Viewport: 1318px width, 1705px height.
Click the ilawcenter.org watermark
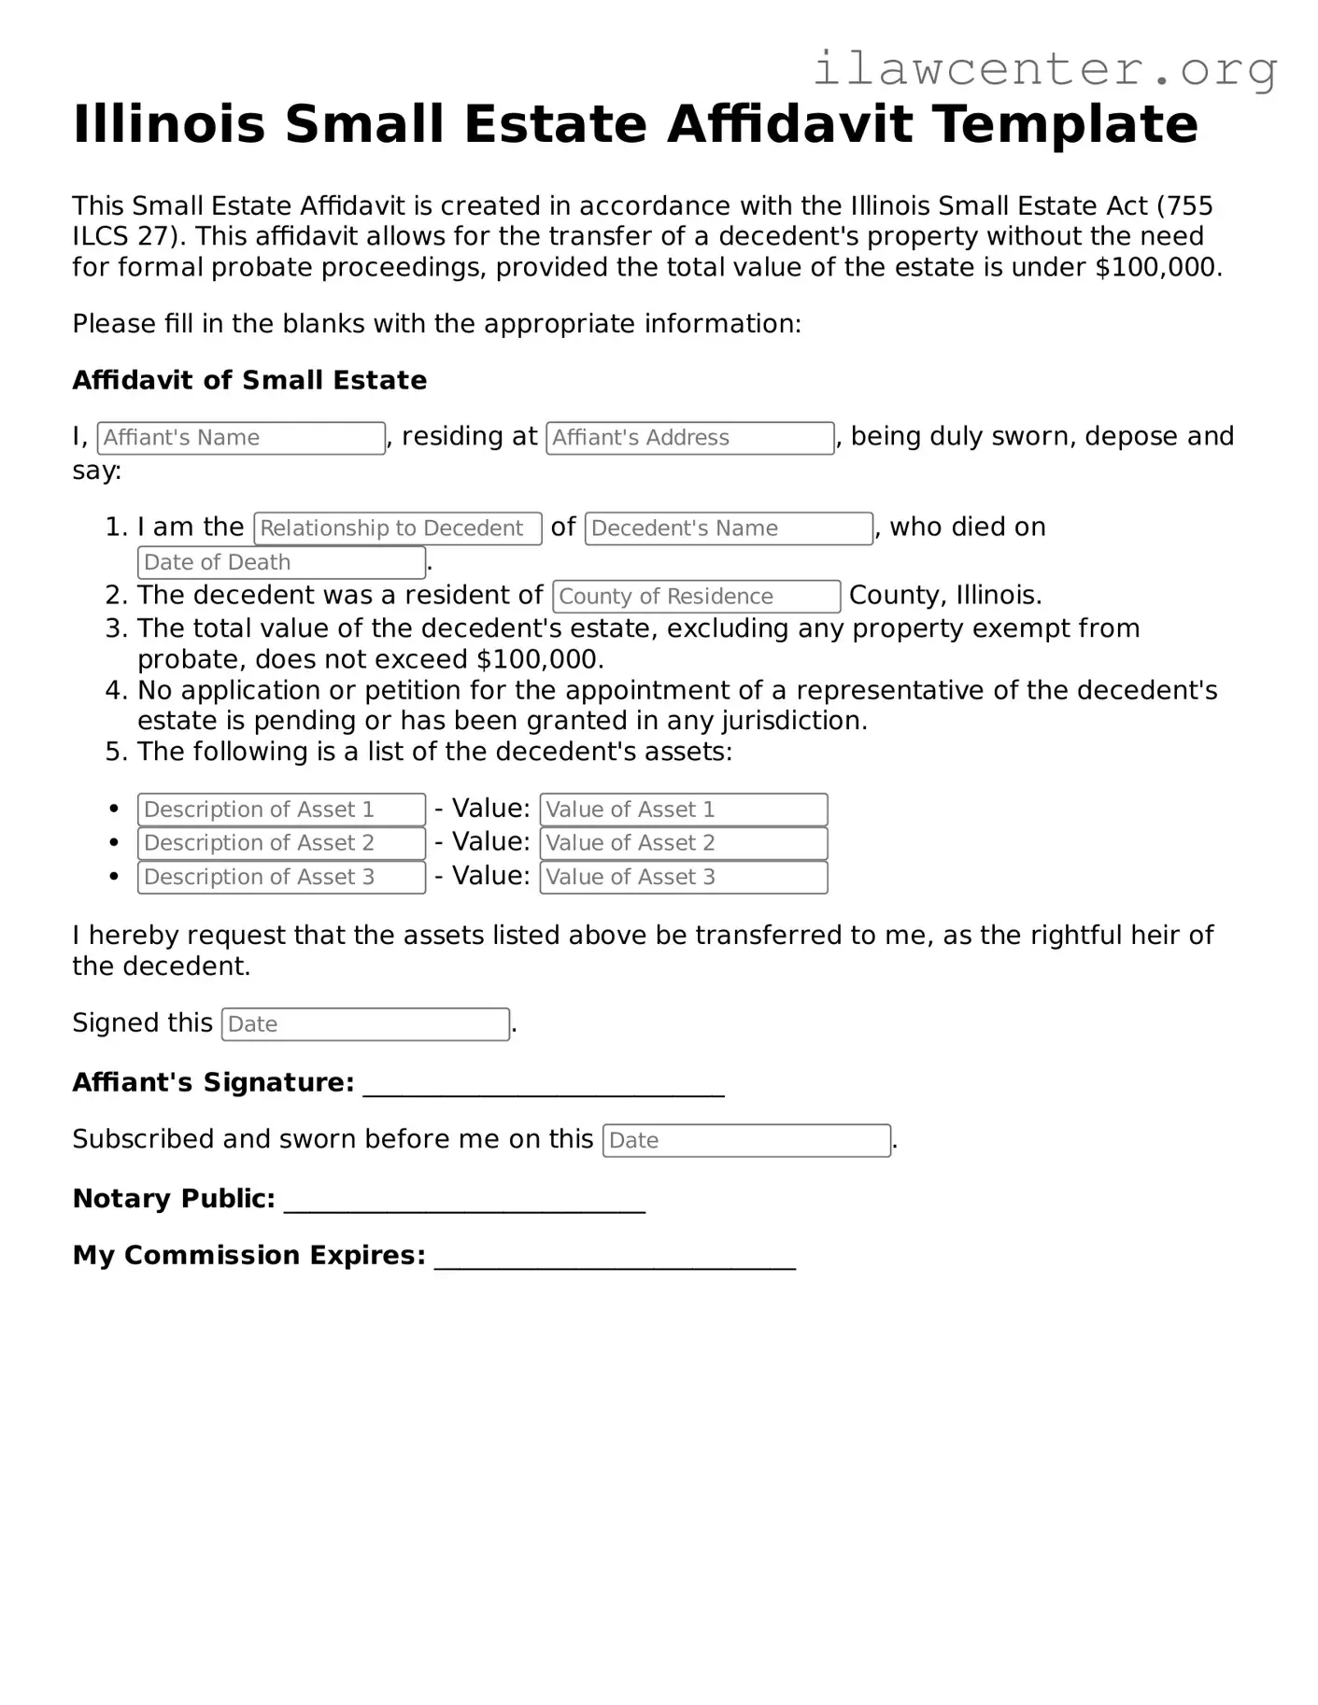[x=1044, y=69]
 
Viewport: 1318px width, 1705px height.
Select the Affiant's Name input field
[x=241, y=438]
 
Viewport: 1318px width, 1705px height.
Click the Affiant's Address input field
[x=689, y=438]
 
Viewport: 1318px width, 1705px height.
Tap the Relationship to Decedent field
[x=397, y=528]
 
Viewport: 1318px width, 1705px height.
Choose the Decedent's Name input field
[x=729, y=528]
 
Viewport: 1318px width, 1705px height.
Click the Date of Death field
[x=281, y=563]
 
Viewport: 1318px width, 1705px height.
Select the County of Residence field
[x=696, y=597]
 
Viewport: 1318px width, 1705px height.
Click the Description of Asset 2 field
[x=281, y=843]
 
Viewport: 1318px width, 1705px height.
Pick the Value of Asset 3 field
[x=683, y=878]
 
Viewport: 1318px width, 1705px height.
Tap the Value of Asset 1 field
[x=683, y=810]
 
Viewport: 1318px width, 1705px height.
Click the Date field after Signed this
[x=365, y=1024]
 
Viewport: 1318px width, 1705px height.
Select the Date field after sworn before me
[x=746, y=1141]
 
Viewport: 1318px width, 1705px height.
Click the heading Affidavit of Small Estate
[x=249, y=380]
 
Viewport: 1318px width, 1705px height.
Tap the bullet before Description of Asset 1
[x=114, y=809]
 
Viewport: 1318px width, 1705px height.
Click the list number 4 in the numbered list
[x=115, y=691]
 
